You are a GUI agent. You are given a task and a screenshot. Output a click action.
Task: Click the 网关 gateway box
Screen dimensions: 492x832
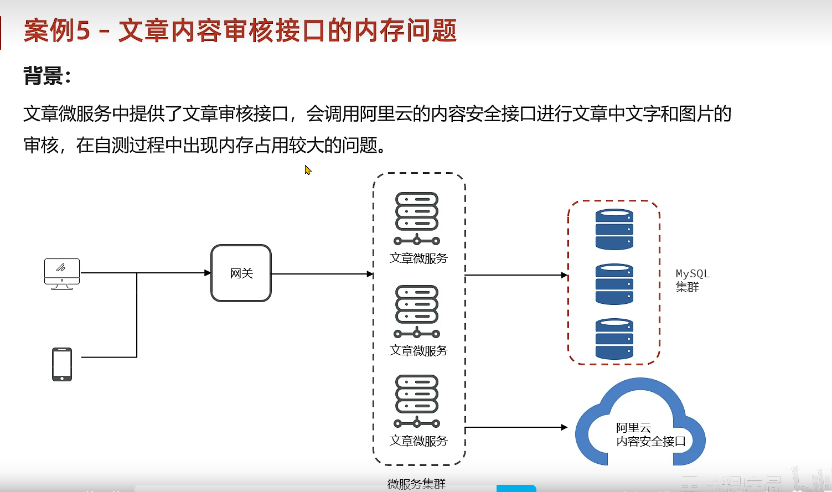[x=241, y=273]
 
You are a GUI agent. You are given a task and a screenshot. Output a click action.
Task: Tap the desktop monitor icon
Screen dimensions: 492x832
[x=62, y=273]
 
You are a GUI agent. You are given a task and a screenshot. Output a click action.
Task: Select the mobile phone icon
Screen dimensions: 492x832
[x=62, y=364]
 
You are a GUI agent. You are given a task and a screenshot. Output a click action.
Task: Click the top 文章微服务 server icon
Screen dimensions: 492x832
[x=417, y=218]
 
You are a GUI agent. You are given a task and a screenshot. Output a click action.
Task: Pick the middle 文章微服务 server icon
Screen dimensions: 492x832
[x=417, y=311]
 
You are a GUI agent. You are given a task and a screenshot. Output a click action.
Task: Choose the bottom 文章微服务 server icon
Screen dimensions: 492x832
[x=417, y=401]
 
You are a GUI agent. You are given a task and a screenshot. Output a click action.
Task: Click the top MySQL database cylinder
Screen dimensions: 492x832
[x=614, y=229]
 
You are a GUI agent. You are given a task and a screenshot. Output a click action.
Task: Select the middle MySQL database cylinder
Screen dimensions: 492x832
[x=614, y=284]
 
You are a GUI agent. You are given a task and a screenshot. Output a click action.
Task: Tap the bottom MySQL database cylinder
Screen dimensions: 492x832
[x=614, y=339]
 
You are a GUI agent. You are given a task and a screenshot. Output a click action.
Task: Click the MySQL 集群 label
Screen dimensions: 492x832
[x=692, y=281]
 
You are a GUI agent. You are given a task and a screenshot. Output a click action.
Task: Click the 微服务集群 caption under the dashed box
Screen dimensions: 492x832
[x=416, y=484]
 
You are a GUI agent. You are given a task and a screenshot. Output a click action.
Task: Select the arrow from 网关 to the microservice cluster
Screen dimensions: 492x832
[x=321, y=274]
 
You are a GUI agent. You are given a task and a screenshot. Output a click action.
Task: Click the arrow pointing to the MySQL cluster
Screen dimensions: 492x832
[x=515, y=275]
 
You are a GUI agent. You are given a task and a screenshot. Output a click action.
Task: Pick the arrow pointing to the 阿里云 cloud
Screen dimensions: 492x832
[x=515, y=427]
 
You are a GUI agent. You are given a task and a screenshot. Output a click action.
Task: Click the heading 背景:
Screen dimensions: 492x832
[x=47, y=76]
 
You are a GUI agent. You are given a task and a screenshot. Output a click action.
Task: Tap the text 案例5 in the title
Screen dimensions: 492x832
[x=56, y=30]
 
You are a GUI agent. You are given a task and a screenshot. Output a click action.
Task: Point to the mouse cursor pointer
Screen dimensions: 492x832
[x=308, y=170]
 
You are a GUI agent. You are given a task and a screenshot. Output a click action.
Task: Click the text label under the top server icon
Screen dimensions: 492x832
[x=418, y=258]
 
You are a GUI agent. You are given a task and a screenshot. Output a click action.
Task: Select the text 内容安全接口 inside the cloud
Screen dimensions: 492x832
[x=651, y=442]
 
